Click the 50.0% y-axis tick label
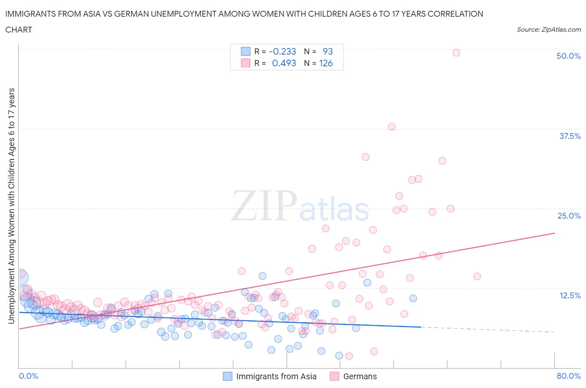tap(568, 56)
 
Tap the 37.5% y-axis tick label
tap(569, 136)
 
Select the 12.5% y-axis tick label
tap(569, 295)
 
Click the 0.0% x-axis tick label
tap(28, 376)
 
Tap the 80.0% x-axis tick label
tap(568, 376)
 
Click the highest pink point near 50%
tap(456, 53)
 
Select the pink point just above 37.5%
tap(391, 127)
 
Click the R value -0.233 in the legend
tap(282, 51)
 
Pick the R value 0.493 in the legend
tap(284, 63)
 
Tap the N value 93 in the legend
tap(328, 51)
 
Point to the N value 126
tap(326, 63)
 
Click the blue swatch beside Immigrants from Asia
tap(228, 376)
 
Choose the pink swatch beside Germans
tap(334, 376)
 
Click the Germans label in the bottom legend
tap(360, 376)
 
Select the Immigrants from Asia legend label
tap(276, 376)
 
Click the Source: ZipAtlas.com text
tap(548, 29)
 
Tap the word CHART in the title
tap(19, 30)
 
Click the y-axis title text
tap(11, 206)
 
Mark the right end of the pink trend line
tap(554, 233)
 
